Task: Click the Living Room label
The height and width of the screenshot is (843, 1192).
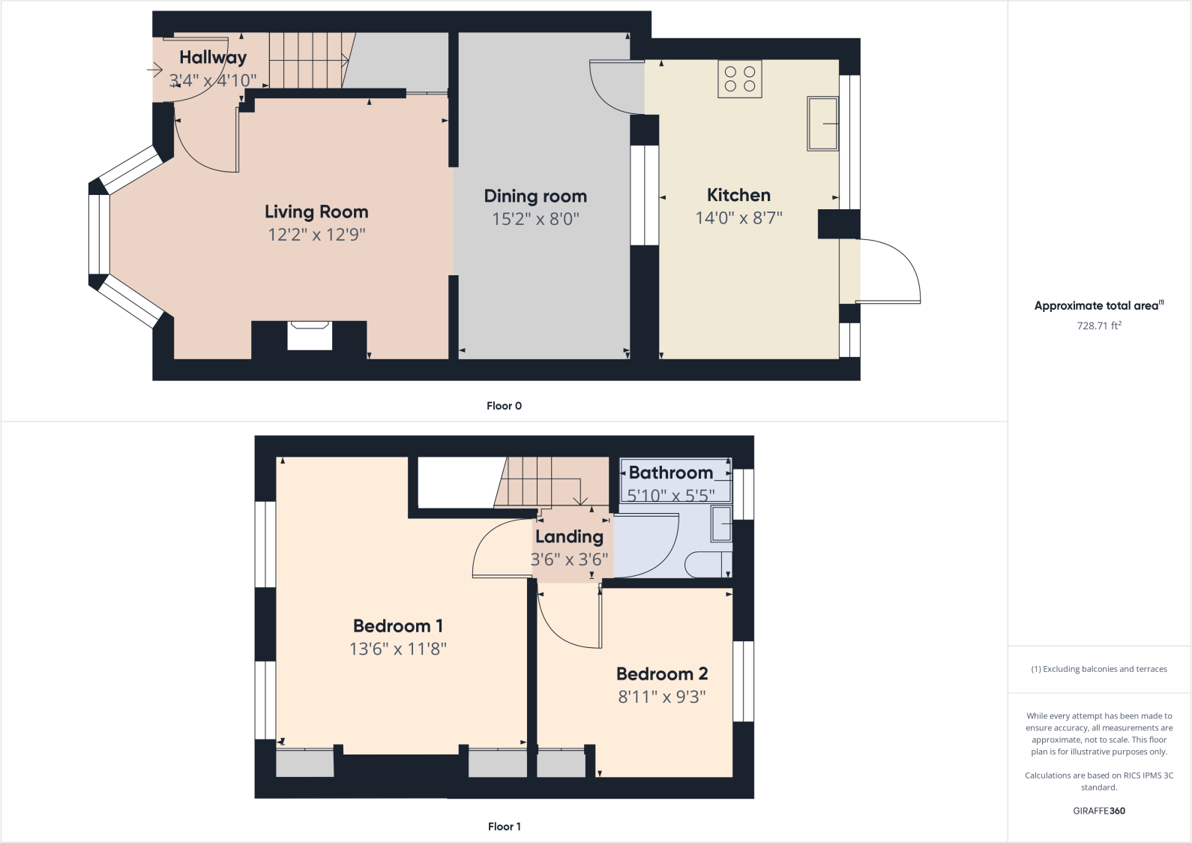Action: tap(316, 212)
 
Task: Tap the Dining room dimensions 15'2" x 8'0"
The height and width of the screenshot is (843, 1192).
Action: tap(535, 219)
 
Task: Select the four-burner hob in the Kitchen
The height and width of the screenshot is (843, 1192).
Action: tap(739, 79)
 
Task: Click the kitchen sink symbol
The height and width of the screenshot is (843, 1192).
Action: tap(822, 124)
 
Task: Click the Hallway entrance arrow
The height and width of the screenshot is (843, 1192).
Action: tap(154, 70)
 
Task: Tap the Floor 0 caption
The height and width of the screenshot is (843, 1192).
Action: tap(504, 406)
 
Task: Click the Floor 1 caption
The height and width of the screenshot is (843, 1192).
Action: tap(504, 826)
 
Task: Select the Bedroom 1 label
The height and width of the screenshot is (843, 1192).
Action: tap(397, 626)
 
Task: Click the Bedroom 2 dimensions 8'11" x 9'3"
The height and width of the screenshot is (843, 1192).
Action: tap(661, 697)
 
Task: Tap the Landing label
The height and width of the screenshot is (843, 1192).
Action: tap(569, 537)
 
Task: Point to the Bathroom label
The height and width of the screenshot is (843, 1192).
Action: tap(670, 473)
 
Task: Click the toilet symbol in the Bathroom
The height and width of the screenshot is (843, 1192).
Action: tap(708, 565)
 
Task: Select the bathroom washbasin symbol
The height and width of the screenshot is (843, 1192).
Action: tap(720, 523)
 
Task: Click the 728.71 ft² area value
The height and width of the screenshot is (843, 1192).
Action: tap(1099, 325)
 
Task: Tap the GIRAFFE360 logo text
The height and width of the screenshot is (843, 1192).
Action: tap(1099, 811)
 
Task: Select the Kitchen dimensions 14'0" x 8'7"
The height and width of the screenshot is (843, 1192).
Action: tap(738, 218)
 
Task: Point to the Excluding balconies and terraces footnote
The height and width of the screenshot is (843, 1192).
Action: tap(1099, 669)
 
